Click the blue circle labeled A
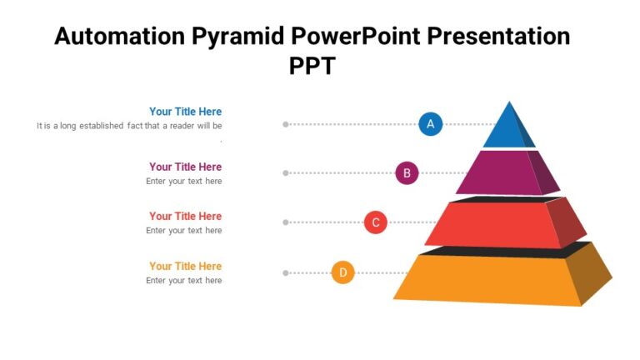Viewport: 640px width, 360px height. click(430, 124)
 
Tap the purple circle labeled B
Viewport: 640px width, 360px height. click(407, 173)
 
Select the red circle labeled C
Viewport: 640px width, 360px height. click(376, 222)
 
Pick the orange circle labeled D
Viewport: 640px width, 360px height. click(343, 272)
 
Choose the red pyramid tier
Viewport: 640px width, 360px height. click(492, 225)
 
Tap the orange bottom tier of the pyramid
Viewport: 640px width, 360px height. click(487, 278)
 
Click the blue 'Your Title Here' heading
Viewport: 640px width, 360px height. click(185, 112)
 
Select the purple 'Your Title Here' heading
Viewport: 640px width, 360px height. click(185, 167)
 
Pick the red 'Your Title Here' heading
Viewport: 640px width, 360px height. click(185, 217)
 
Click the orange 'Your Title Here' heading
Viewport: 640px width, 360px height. click(185, 267)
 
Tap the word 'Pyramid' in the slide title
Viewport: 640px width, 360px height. click(242, 37)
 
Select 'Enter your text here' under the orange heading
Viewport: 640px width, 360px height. click(184, 281)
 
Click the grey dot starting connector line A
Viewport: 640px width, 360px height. click(286, 124)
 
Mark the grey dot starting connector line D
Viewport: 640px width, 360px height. click(286, 272)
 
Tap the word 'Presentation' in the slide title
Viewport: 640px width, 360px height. click(498, 37)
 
